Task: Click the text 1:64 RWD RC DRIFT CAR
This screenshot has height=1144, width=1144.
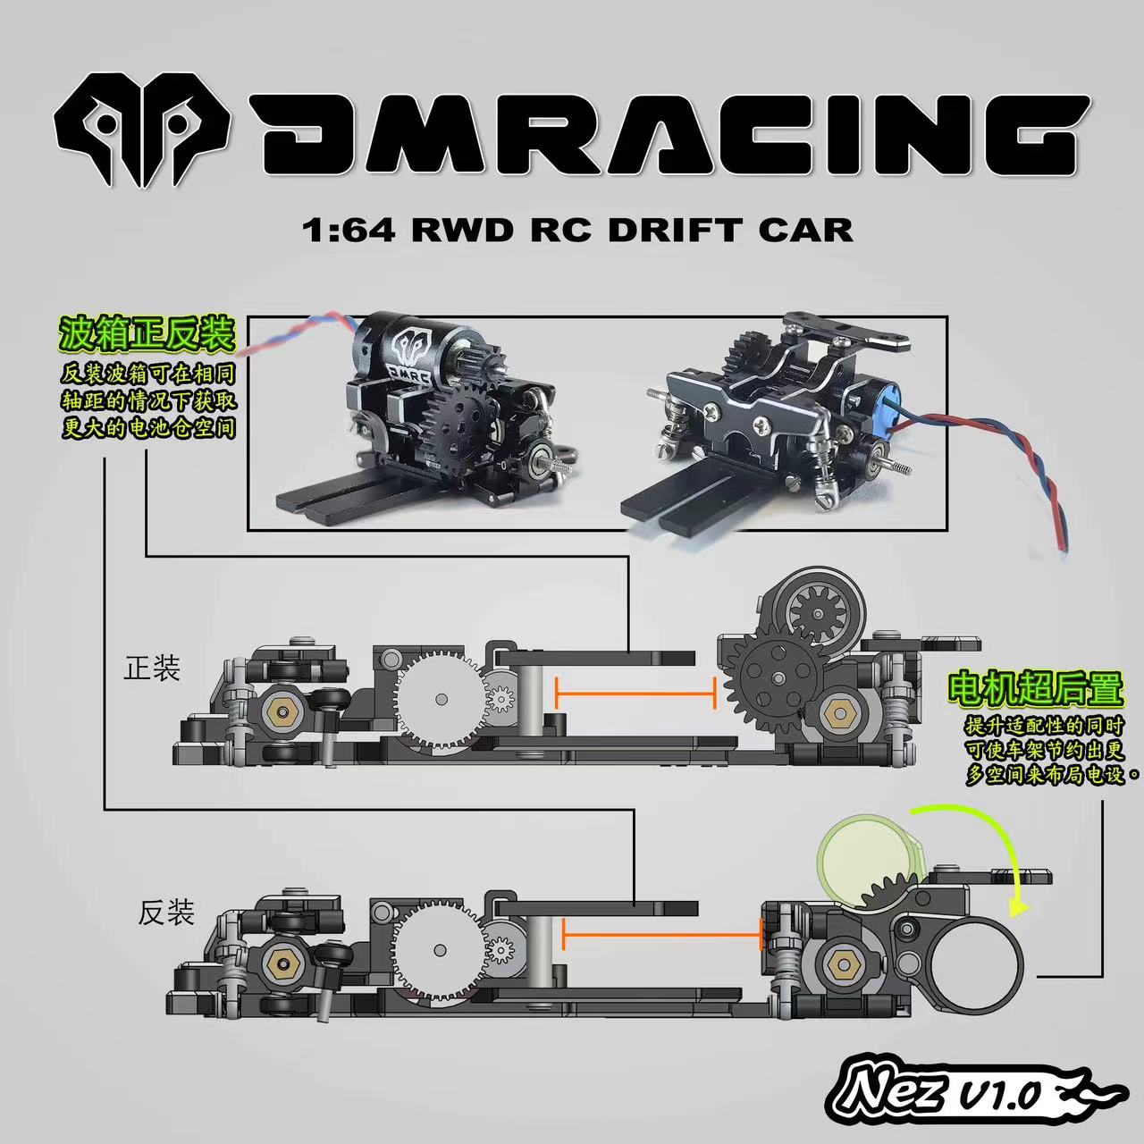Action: (x=577, y=230)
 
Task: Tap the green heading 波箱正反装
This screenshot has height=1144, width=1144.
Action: (x=147, y=336)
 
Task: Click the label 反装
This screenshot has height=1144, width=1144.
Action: (x=166, y=913)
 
